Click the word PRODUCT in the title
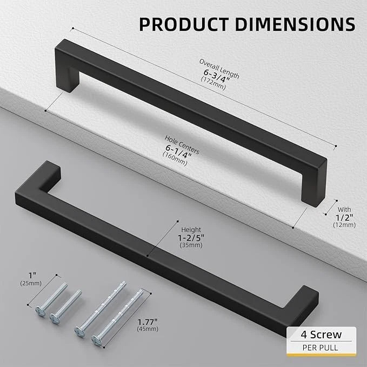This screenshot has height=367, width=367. (x=179, y=24)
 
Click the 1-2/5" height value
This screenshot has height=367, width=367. (x=189, y=237)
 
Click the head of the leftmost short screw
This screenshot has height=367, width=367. (x=39, y=312)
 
